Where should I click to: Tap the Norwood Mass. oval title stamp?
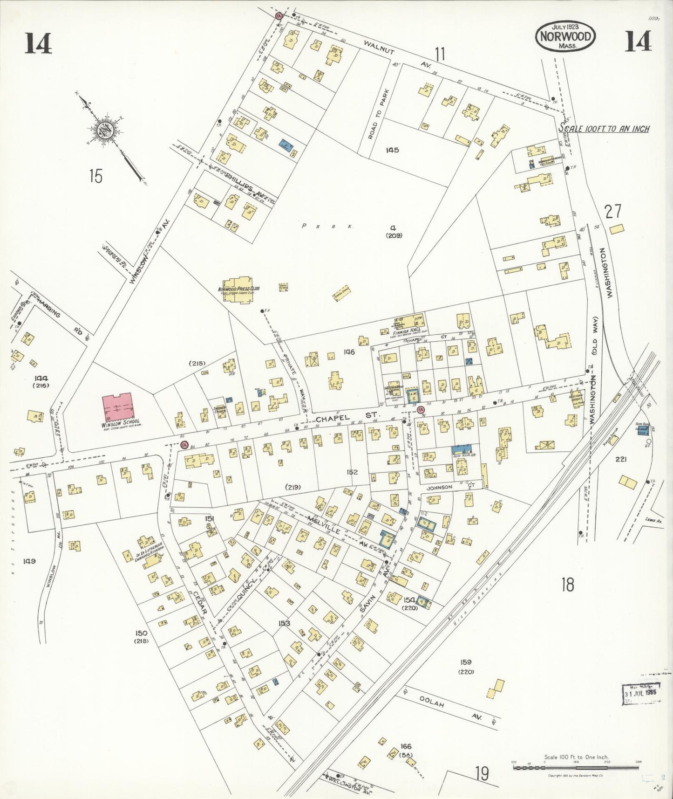[x=565, y=36]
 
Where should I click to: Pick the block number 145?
[x=392, y=150]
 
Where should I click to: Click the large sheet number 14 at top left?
[x=38, y=44]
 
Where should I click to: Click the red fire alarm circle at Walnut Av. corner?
[x=279, y=16]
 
